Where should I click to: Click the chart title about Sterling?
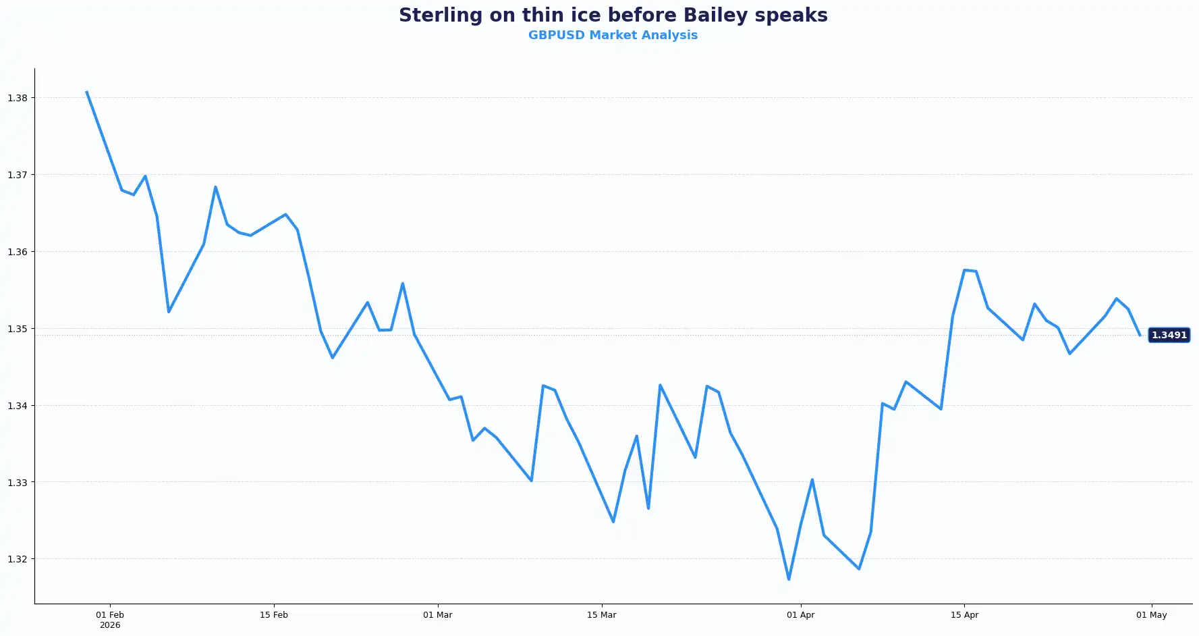point(613,15)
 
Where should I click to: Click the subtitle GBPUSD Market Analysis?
point(613,35)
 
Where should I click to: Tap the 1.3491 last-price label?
point(1169,335)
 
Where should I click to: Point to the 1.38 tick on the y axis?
point(18,98)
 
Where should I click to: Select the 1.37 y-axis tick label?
point(18,175)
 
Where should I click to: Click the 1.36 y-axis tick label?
point(18,252)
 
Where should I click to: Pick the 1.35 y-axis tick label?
point(18,329)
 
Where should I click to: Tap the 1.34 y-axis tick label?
point(18,406)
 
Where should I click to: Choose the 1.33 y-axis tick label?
point(18,483)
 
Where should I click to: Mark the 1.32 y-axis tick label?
point(18,559)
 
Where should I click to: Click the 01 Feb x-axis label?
point(110,615)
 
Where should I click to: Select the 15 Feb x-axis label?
point(274,615)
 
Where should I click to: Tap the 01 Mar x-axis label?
point(438,615)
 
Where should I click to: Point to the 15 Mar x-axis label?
point(601,615)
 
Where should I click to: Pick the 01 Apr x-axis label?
point(800,615)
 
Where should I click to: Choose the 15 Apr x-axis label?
point(964,615)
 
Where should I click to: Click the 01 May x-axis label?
point(1151,615)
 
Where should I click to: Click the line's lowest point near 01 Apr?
point(789,579)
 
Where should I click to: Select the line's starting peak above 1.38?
point(86,92)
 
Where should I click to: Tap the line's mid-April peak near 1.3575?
point(964,270)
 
